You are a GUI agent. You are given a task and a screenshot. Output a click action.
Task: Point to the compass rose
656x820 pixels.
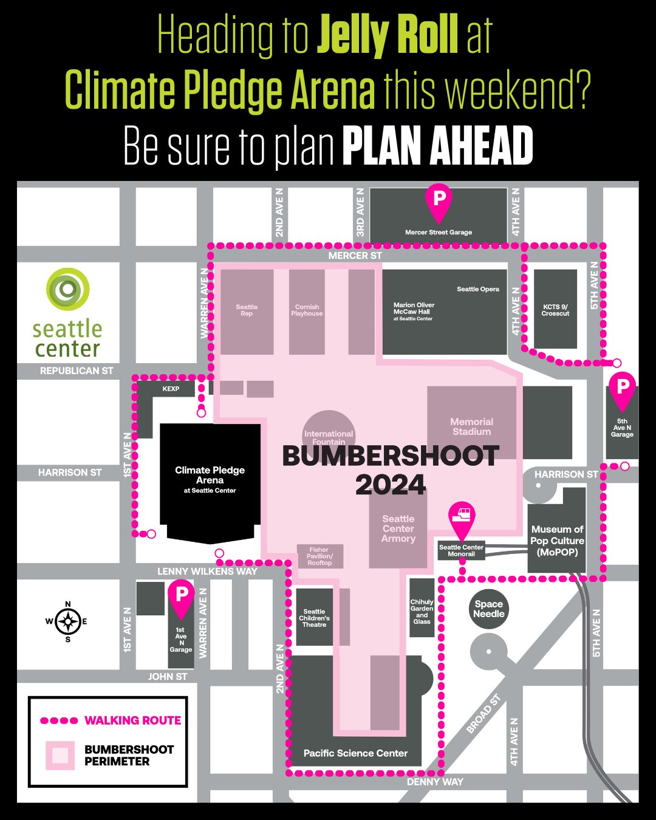point(67,621)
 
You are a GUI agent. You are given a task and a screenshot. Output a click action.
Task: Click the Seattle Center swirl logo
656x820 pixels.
point(68,289)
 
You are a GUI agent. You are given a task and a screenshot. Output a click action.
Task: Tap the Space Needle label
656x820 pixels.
point(488,609)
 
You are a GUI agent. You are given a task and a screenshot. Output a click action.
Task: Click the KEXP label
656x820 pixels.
point(171,389)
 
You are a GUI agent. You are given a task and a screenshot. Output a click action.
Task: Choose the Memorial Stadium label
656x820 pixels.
point(471,426)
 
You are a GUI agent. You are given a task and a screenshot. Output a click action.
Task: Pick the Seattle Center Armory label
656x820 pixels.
point(398,528)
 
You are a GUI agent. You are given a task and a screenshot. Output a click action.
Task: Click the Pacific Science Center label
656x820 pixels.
point(355,753)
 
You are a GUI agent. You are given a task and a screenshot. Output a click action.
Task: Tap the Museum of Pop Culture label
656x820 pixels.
point(557,541)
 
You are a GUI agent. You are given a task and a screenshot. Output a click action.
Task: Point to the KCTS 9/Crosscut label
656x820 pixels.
point(555,310)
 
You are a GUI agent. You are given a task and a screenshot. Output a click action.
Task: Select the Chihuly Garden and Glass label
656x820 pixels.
point(422,612)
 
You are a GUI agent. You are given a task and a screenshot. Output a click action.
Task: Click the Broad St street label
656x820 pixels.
point(483,714)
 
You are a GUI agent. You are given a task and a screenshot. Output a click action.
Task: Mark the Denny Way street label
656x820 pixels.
point(435,782)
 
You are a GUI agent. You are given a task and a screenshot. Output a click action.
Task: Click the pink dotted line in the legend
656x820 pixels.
point(59,720)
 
